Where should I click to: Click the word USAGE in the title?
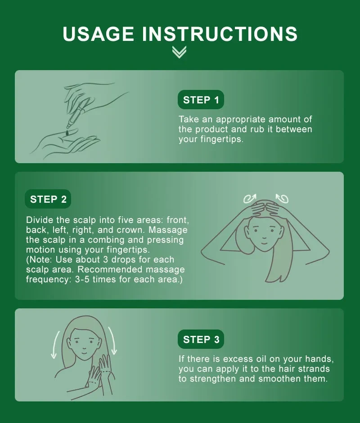click(x=98, y=34)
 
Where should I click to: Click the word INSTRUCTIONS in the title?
click(x=220, y=34)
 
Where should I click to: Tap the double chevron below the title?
click(x=179, y=52)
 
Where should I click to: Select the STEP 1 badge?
click(x=201, y=100)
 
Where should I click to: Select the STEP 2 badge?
click(x=48, y=199)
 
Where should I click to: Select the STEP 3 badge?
click(x=201, y=339)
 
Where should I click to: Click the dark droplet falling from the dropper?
click(x=67, y=133)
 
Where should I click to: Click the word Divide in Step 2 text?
click(x=40, y=220)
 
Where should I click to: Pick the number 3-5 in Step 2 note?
click(x=82, y=279)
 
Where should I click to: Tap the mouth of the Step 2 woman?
click(x=264, y=242)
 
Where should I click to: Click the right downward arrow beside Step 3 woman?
click(x=113, y=340)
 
